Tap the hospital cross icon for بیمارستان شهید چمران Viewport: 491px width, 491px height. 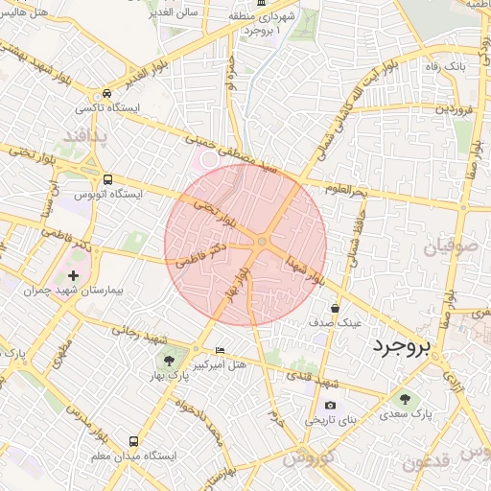[x=74, y=275]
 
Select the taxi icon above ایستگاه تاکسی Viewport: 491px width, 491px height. [x=107, y=93]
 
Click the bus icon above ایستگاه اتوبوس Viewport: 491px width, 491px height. [x=107, y=178]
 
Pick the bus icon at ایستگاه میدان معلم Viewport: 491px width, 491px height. [x=133, y=442]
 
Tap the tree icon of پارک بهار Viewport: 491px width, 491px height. [x=168, y=361]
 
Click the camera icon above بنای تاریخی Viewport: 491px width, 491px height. [x=331, y=406]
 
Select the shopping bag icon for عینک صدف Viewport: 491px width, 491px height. [x=335, y=309]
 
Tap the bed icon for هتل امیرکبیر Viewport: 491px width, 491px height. [x=221, y=351]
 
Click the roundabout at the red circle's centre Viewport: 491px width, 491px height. [x=261, y=242]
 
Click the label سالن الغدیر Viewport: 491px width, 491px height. [x=174, y=12]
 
